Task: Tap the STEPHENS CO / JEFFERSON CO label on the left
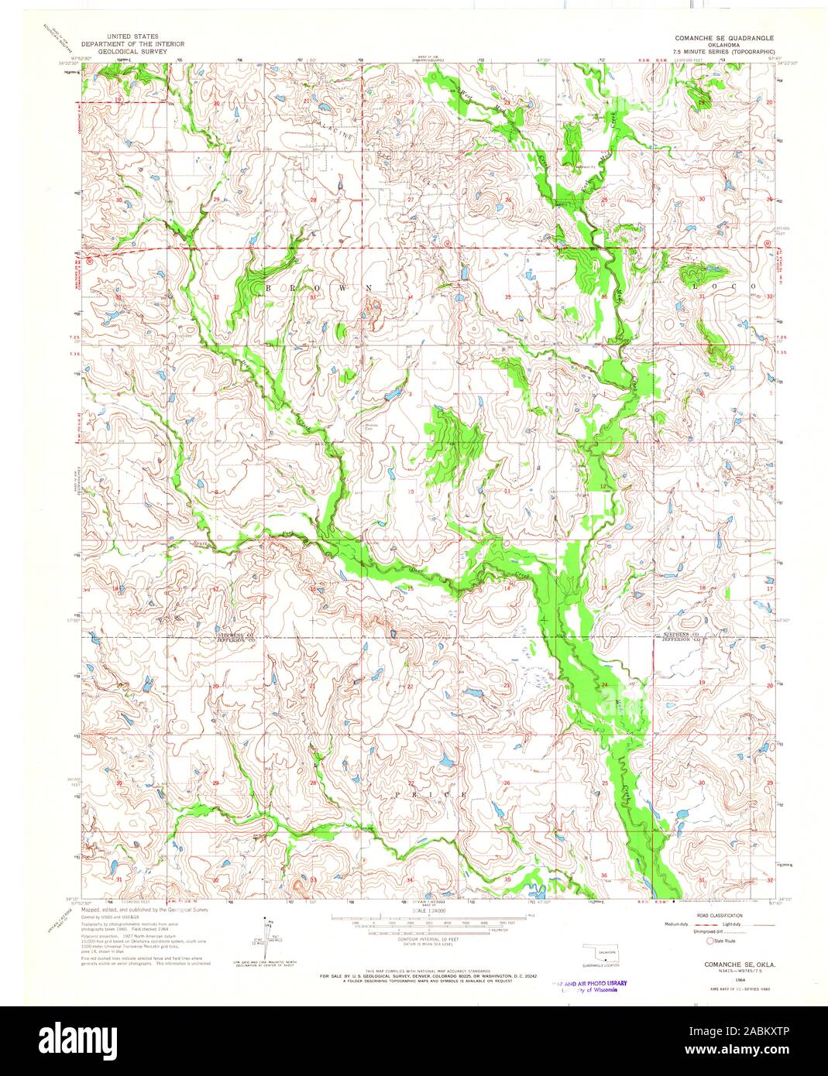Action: click(235, 639)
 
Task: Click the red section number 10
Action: click(411, 492)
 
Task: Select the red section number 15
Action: click(411, 589)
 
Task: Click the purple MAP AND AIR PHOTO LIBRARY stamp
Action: click(590, 985)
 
